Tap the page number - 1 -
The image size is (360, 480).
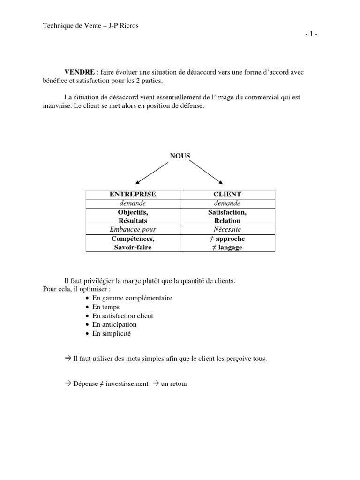[311, 34]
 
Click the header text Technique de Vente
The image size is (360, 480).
[71, 26]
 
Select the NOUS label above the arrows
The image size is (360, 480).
[180, 156]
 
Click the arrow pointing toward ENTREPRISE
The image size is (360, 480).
[151, 172]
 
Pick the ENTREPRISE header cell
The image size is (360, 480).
[133, 194]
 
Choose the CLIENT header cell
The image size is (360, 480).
[227, 194]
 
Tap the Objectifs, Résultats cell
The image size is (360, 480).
[133, 216]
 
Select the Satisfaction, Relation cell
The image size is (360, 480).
[227, 216]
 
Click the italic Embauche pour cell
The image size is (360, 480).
[133, 230]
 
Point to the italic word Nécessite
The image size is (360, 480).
[227, 230]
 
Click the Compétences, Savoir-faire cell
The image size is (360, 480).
[133, 243]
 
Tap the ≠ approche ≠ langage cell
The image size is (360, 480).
[227, 243]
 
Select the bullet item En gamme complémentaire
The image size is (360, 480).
[132, 298]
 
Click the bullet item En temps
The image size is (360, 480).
[106, 307]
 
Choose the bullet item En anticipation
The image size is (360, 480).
[114, 324]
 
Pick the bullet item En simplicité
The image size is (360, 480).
[112, 334]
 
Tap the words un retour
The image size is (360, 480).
[174, 383]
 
